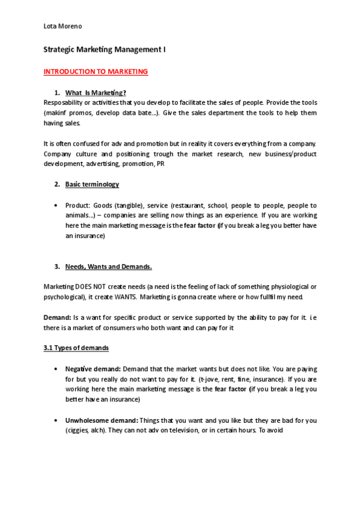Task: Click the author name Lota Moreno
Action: coord(63,27)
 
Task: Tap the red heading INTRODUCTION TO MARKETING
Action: coord(96,72)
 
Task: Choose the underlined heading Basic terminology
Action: coord(92,184)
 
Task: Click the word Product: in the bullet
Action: coord(79,206)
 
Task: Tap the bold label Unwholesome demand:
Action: coord(102,420)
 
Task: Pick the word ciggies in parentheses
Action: coord(79,430)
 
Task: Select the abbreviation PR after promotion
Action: coord(160,164)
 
